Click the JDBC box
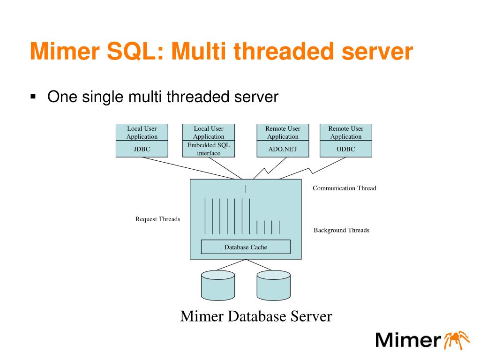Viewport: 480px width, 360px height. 142,149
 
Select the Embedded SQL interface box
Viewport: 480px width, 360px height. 209,149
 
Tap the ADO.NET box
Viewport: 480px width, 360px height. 283,149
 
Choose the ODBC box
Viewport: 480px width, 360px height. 346,149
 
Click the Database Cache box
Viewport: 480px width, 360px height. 246,247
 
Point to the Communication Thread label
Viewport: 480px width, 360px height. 345,188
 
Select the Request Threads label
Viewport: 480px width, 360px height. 158,219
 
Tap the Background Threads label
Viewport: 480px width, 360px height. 341,230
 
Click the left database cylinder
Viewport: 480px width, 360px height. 218,285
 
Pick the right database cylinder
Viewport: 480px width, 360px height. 274,285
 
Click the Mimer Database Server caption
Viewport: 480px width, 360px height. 256,316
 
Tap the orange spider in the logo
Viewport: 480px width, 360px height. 457,340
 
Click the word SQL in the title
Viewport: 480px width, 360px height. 135,51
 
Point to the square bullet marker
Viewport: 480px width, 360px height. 33,97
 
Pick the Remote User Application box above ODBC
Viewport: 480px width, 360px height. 346,132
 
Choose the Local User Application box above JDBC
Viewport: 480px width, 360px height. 142,132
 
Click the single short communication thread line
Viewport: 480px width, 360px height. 246,189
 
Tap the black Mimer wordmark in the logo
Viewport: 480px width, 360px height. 408,340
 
